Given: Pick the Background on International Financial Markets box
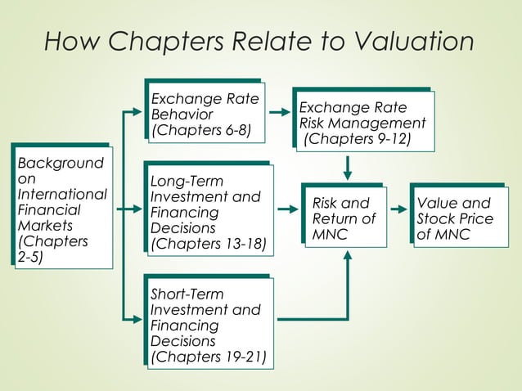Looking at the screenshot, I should [x=62, y=207].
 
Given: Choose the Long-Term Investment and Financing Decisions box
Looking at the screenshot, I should [x=209, y=209].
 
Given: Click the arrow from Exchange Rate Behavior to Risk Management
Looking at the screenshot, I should [x=280, y=110].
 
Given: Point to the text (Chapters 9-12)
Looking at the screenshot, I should [x=358, y=139].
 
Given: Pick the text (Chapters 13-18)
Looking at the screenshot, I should [x=209, y=243].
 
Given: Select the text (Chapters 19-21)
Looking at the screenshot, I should [x=209, y=356].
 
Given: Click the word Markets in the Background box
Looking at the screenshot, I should [x=46, y=225].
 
